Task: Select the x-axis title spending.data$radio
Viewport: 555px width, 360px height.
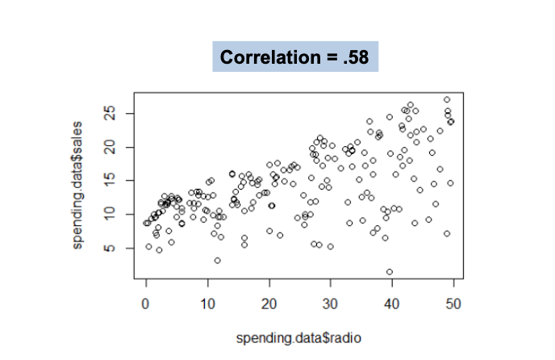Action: pyautogui.click(x=294, y=335)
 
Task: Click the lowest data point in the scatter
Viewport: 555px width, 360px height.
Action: pyautogui.click(x=390, y=272)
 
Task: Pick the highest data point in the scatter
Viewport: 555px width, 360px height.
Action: pyautogui.click(x=447, y=100)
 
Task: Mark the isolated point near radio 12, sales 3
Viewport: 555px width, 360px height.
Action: pyautogui.click(x=218, y=260)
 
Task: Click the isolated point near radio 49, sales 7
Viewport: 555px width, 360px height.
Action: pyautogui.click(x=447, y=234)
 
